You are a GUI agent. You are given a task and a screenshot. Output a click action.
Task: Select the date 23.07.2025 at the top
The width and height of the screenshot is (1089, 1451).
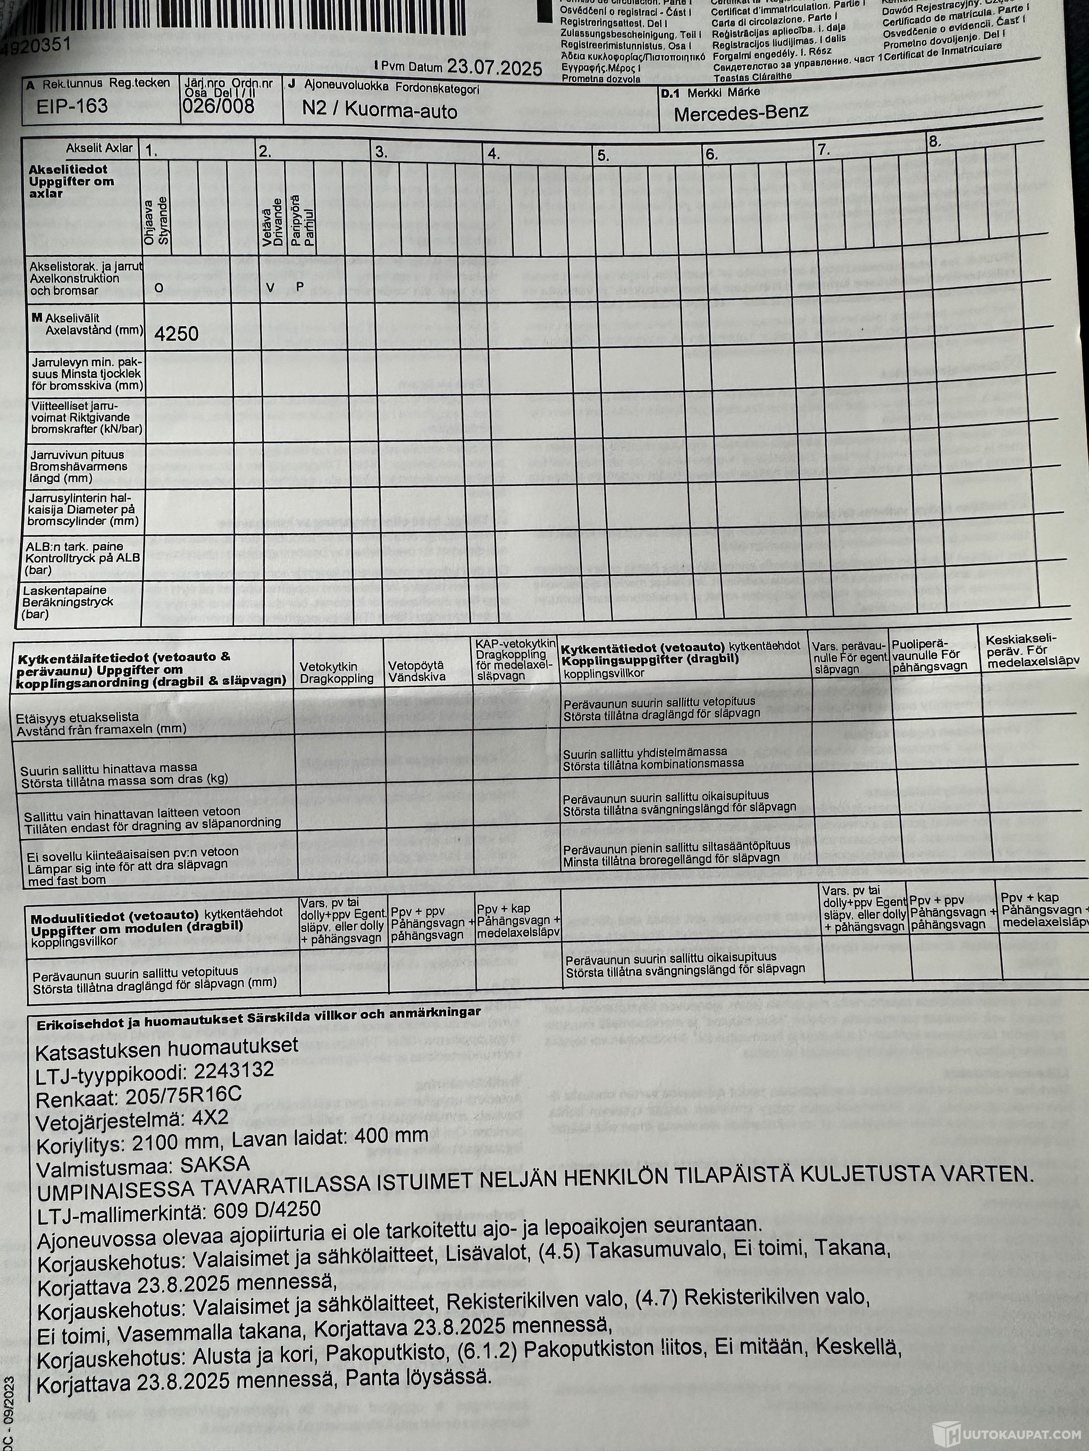495,67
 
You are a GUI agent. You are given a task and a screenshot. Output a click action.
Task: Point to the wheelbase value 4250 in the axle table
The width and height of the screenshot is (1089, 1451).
177,334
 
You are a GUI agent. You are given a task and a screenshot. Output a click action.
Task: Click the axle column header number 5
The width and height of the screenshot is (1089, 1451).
603,156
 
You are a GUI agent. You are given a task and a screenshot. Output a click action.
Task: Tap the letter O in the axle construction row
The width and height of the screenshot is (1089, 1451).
158,287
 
